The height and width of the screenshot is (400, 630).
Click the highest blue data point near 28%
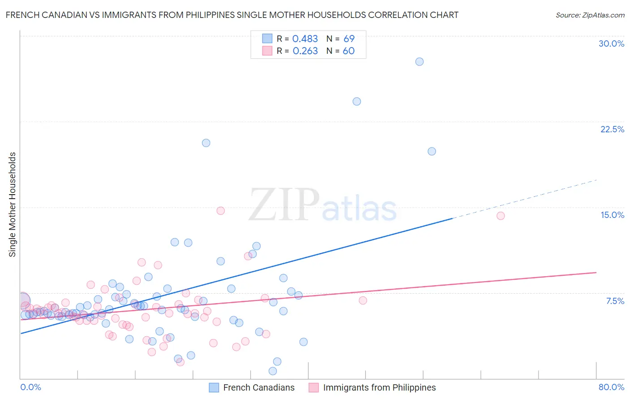pos(419,62)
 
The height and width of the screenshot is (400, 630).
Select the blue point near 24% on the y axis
pos(357,101)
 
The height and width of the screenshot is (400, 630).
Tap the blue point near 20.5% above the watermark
pos(206,143)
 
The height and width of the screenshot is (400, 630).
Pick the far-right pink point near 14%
pos(501,216)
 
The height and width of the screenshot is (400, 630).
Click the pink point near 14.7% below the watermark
pos(220,211)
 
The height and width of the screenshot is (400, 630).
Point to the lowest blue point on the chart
pos(272,371)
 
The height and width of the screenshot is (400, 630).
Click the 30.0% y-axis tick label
pos(611,43)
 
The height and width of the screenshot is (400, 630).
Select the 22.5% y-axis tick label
pos(612,129)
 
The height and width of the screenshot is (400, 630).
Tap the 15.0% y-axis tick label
pos(612,215)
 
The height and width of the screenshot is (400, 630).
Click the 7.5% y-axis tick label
pos(615,301)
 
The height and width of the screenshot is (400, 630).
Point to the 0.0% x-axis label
pos(30,387)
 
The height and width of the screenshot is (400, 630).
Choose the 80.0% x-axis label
pos(611,387)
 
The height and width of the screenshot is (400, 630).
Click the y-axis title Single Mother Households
pos(13,204)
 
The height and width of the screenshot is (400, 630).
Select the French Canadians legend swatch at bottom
pos(214,387)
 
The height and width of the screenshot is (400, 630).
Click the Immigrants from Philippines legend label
pos(379,387)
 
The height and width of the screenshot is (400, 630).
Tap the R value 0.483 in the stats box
pos(305,39)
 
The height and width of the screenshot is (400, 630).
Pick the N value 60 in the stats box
pos(349,51)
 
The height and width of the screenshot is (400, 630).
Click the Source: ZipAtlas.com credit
pos(590,15)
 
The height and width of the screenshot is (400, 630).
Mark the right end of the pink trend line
pos(596,272)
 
